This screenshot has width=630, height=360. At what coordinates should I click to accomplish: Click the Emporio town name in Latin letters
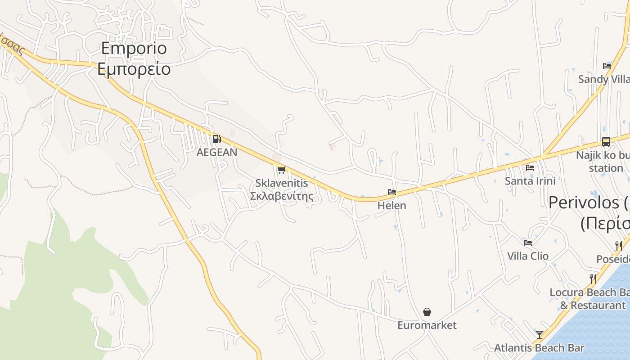coord(134,48)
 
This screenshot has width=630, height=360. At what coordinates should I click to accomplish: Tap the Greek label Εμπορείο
coord(134,69)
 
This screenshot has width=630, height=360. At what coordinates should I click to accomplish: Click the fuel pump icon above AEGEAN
coord(216,139)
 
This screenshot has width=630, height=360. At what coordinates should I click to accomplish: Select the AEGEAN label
coord(216,152)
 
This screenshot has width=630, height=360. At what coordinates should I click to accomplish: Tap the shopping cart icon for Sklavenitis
coord(281,170)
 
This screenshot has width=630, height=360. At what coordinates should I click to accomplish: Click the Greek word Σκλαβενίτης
coord(281,196)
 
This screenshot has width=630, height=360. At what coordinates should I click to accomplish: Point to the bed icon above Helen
coord(392,192)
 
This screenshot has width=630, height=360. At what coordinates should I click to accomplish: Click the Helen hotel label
coord(392,206)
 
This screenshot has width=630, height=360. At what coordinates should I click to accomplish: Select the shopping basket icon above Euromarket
coord(427,311)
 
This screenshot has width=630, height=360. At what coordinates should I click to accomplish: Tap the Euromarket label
coord(427,325)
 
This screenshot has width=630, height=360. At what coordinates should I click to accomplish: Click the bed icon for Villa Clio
coord(528,243)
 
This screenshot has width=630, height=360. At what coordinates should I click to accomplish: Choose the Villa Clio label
coord(528,256)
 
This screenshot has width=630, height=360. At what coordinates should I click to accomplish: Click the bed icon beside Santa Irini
coord(530,168)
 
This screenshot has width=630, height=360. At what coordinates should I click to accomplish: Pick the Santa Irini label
coord(530,181)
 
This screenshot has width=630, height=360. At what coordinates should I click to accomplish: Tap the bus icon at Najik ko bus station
coord(606,142)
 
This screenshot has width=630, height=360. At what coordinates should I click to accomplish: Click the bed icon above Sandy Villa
coord(607,66)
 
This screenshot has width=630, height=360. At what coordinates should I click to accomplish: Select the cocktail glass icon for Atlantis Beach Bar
coord(539,334)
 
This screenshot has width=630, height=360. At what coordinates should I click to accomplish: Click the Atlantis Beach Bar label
coord(539,348)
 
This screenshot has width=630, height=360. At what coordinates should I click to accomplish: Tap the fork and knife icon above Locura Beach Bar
coord(593,279)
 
